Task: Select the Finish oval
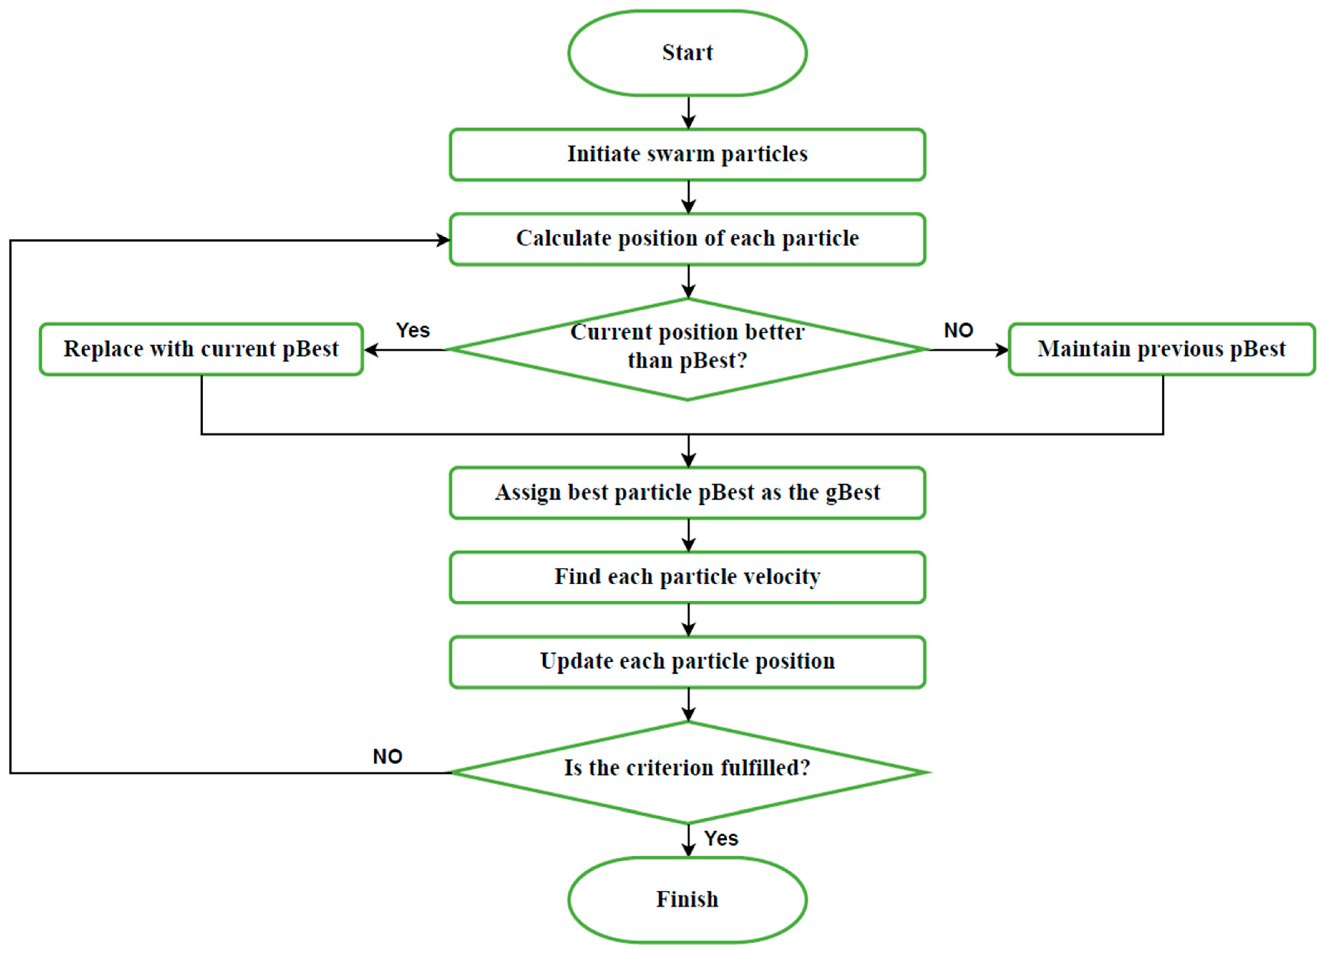pyautogui.click(x=688, y=899)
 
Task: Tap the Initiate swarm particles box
pyautogui.click(x=688, y=154)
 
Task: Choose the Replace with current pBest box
pyautogui.click(x=201, y=349)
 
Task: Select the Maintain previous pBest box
pyautogui.click(x=1162, y=349)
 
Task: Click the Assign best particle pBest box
pyautogui.click(x=688, y=492)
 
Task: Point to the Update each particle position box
pyautogui.click(x=688, y=661)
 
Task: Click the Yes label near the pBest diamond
pyautogui.click(x=413, y=330)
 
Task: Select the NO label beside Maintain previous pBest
pyautogui.click(x=958, y=330)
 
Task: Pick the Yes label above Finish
pyautogui.click(x=721, y=838)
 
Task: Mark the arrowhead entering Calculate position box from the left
pyautogui.click(x=443, y=240)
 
